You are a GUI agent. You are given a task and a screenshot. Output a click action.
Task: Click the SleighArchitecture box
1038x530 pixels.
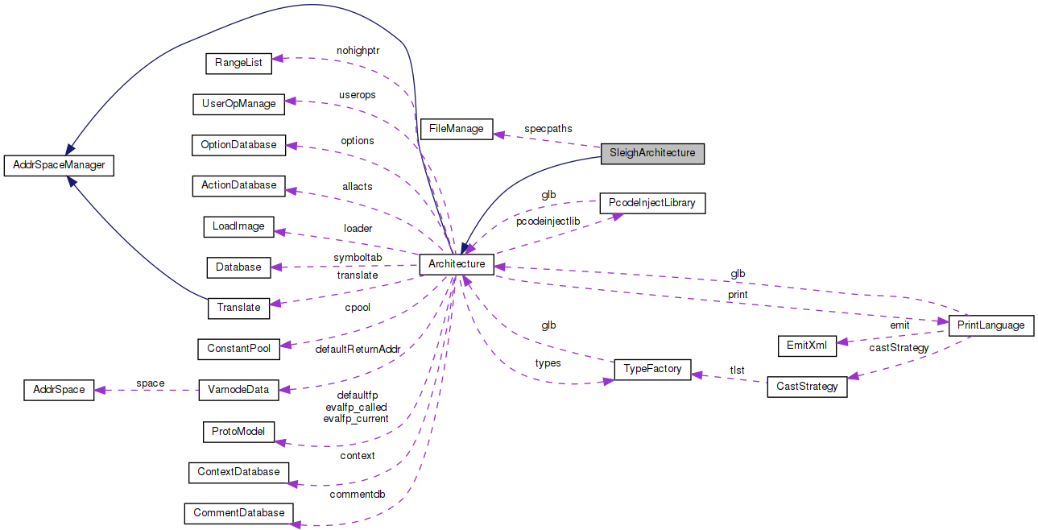click(652, 153)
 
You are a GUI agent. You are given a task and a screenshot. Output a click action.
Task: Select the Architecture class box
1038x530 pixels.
click(457, 264)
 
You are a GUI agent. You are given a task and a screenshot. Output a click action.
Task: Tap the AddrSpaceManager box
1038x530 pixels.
click(59, 165)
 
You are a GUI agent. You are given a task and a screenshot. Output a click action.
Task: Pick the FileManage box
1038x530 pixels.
click(457, 128)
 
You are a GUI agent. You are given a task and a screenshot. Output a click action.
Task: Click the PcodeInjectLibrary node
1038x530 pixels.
click(652, 203)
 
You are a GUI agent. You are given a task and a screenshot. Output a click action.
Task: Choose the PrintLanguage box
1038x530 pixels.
click(991, 325)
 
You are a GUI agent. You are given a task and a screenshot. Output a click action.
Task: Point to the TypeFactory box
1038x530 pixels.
click(652, 369)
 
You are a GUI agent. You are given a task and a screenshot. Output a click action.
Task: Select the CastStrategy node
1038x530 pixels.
click(807, 387)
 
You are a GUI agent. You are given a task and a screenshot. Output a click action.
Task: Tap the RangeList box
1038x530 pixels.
click(238, 62)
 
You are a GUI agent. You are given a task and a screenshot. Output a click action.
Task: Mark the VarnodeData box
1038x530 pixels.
click(238, 390)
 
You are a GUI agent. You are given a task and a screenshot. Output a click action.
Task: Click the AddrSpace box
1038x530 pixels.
click(59, 390)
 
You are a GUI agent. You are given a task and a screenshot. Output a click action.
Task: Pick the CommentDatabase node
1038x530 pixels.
click(238, 512)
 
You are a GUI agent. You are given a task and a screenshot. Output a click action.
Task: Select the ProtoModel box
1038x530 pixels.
click(238, 432)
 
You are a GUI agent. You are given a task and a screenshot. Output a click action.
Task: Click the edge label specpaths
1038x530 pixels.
click(548, 128)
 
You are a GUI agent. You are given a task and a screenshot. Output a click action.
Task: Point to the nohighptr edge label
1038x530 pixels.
click(358, 50)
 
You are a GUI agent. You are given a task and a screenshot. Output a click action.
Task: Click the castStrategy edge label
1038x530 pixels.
click(899, 348)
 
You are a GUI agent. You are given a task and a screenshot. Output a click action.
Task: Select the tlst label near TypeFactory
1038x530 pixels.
click(737, 371)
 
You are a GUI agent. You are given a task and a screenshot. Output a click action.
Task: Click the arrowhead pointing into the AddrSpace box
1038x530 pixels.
click(100, 390)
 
